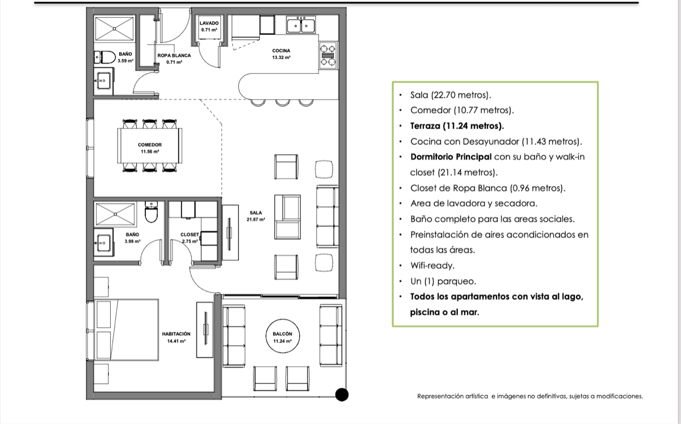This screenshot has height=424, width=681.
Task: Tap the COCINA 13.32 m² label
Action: (281, 54)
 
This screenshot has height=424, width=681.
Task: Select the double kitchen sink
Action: (301, 25)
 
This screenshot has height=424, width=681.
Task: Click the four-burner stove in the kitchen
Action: (328, 55)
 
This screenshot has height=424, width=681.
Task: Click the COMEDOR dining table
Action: (150, 146)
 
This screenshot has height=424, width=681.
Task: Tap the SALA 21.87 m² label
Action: (256, 216)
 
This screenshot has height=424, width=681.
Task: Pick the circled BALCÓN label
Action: (283, 336)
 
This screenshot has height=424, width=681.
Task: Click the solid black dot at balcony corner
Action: (342, 395)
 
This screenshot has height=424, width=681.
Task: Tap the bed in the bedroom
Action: (127, 330)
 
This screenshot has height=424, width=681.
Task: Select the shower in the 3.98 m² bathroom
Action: (115, 214)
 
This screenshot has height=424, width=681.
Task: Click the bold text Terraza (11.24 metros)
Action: (457, 126)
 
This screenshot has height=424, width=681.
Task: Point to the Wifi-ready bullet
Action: (432, 266)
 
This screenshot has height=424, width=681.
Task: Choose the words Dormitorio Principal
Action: (451, 157)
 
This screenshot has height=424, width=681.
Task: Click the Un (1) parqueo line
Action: (443, 281)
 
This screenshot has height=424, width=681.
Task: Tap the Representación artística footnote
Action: (530, 396)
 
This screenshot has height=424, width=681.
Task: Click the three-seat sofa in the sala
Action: (327, 217)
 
